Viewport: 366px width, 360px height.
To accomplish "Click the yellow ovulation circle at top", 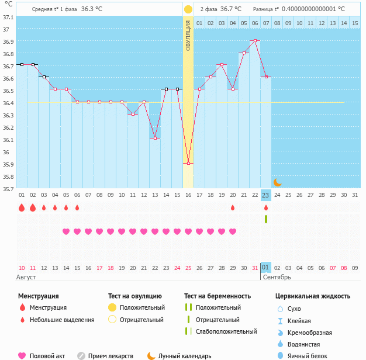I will point(188,9).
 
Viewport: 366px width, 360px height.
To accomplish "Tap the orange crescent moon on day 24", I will point(277,183).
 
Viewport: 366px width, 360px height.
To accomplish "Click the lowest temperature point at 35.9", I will point(188,164).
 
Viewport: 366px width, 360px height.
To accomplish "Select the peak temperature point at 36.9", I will point(255,41).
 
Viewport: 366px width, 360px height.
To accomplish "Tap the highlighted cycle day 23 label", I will point(266,195).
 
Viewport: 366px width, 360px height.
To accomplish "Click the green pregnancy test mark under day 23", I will point(266,219).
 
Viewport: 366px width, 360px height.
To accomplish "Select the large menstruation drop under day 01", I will point(22,207).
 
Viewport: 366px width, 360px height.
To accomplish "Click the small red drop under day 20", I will point(233,207).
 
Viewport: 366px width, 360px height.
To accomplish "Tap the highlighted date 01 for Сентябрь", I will point(266,268).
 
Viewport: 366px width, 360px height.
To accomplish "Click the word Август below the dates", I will point(27,277).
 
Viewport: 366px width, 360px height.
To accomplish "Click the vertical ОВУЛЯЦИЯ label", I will point(188,35).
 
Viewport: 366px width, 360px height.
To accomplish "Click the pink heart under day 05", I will point(66,231).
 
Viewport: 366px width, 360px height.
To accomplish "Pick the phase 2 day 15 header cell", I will point(355,23).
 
